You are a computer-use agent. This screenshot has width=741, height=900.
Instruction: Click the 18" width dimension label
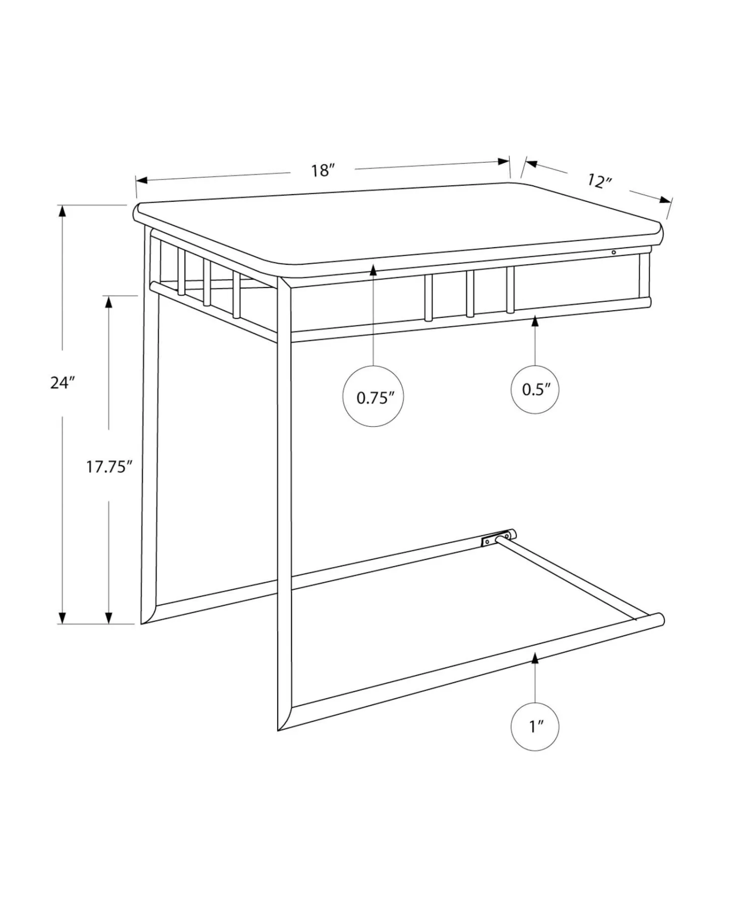click(323, 171)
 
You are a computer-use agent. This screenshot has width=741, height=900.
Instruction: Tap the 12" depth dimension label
click(599, 181)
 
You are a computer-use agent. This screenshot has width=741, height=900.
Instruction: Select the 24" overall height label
click(62, 383)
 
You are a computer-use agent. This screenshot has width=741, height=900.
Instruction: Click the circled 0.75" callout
click(373, 397)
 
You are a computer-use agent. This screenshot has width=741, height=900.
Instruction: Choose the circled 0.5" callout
click(535, 389)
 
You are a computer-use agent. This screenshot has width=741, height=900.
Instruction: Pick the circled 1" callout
click(535, 726)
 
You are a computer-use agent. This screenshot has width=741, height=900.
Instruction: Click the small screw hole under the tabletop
click(613, 252)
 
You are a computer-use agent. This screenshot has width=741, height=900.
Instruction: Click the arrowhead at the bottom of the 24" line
click(62, 618)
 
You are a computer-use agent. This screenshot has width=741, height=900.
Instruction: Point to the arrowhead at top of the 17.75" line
click(108, 302)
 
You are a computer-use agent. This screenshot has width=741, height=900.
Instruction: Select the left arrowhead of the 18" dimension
click(142, 180)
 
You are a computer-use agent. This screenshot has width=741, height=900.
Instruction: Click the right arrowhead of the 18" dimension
click(504, 162)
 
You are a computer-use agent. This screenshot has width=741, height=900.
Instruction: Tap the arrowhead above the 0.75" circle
click(373, 270)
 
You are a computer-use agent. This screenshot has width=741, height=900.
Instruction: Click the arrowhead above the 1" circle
click(535, 657)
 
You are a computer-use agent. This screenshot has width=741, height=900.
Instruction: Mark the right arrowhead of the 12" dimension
click(666, 200)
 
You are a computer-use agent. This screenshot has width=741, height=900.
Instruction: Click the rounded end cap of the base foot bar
click(659, 620)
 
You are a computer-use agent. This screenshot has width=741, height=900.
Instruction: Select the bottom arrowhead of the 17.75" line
click(108, 618)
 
